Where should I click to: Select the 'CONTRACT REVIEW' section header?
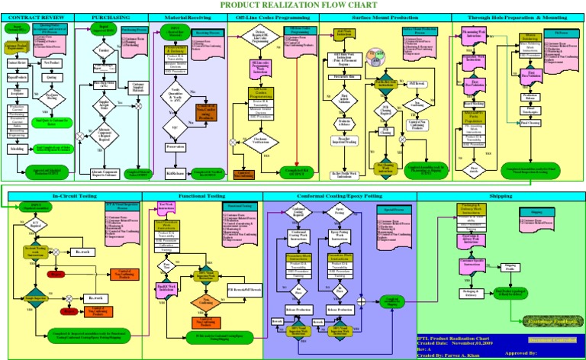[37, 16]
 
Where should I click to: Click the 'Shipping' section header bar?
[501, 196]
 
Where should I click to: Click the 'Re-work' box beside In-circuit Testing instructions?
[85, 251]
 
